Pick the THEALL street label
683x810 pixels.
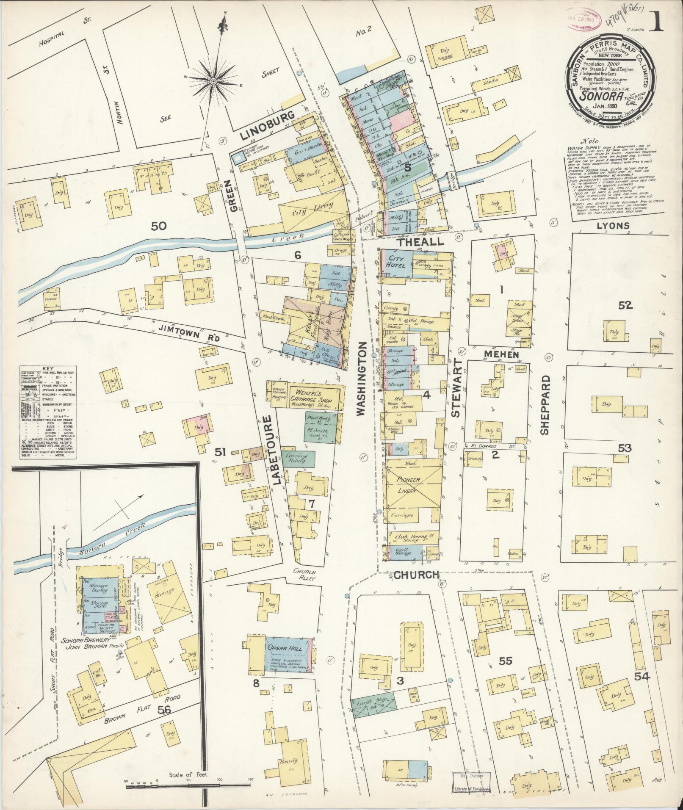(x=420, y=242)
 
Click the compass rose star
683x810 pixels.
(x=214, y=80)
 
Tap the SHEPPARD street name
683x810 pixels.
(x=544, y=404)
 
